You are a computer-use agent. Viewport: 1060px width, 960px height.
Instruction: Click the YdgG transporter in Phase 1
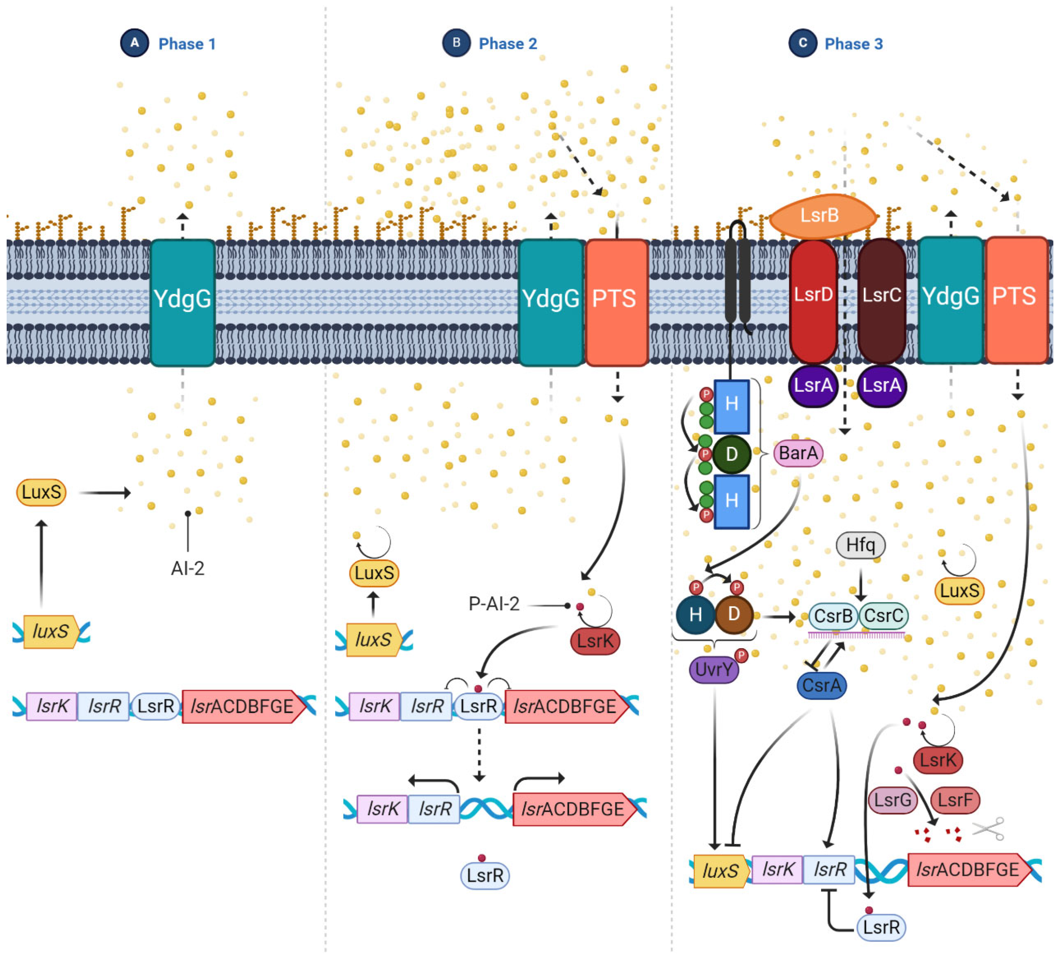[x=183, y=302]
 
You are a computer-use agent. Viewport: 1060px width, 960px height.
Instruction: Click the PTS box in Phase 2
[x=616, y=302]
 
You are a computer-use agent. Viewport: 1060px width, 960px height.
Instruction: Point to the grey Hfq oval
[x=860, y=545]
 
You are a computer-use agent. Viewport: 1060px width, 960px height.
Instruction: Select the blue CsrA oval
[x=821, y=685]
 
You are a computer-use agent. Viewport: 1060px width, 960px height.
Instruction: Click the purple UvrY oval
[x=714, y=669]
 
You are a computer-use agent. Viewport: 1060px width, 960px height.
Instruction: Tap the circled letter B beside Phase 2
[x=456, y=43]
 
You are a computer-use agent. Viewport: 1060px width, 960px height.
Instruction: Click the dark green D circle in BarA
[x=731, y=454]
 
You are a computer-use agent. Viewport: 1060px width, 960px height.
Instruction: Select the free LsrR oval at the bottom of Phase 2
[x=485, y=875]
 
